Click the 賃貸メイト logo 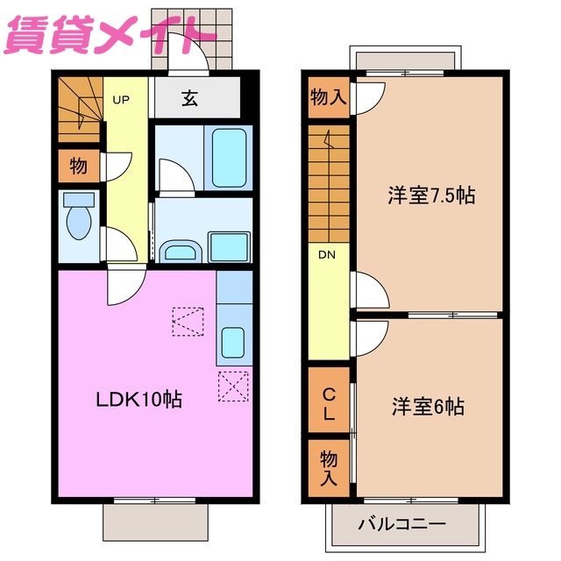tap(110, 34)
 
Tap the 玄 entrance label tap(189, 97)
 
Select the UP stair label tap(121, 100)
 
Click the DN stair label tap(327, 256)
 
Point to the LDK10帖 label tap(138, 400)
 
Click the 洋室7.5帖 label tap(431, 195)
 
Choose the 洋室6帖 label tap(428, 407)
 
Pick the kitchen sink tap(233, 339)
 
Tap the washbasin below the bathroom tap(181, 252)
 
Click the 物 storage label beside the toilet tap(78, 166)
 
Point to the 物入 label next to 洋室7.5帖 tap(329, 97)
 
